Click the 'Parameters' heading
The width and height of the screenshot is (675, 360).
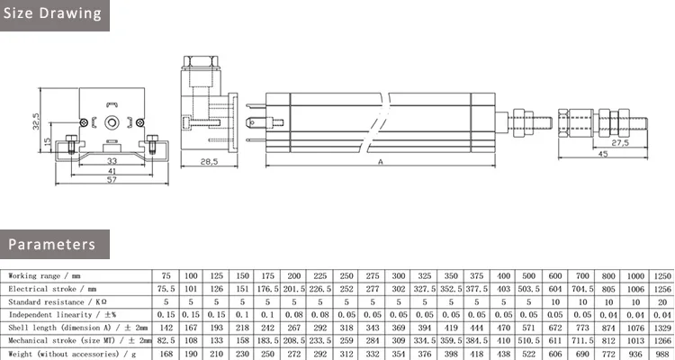tap(52, 244)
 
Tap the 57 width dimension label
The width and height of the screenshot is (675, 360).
tap(112, 180)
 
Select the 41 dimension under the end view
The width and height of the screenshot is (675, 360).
tap(112, 170)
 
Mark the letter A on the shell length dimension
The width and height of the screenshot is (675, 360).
tap(381, 161)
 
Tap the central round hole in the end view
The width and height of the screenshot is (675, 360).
tap(112, 121)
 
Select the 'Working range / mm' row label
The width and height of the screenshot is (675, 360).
tap(45, 275)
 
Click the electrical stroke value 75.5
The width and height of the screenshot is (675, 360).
tap(166, 289)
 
